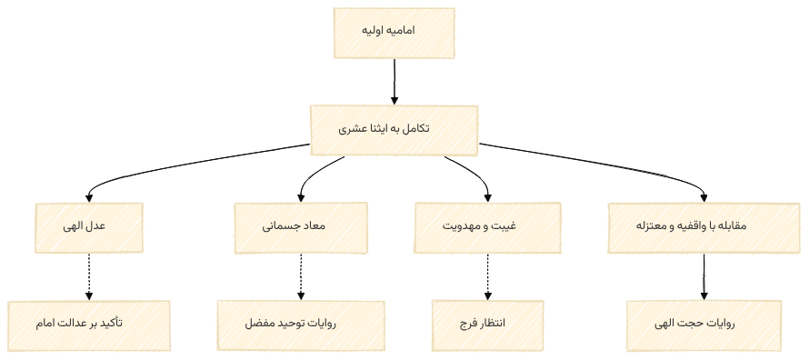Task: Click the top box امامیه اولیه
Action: [395, 34]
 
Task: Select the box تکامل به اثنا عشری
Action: [394, 129]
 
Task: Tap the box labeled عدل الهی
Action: [89, 227]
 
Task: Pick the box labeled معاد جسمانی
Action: [301, 227]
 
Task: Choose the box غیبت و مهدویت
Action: [488, 227]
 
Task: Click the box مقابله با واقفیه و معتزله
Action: [704, 227]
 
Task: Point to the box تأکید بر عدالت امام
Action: [89, 325]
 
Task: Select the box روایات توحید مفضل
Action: [301, 325]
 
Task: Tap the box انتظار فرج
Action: [488, 325]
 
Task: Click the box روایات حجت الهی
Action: [704, 325]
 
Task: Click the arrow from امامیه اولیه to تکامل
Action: [395, 82]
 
